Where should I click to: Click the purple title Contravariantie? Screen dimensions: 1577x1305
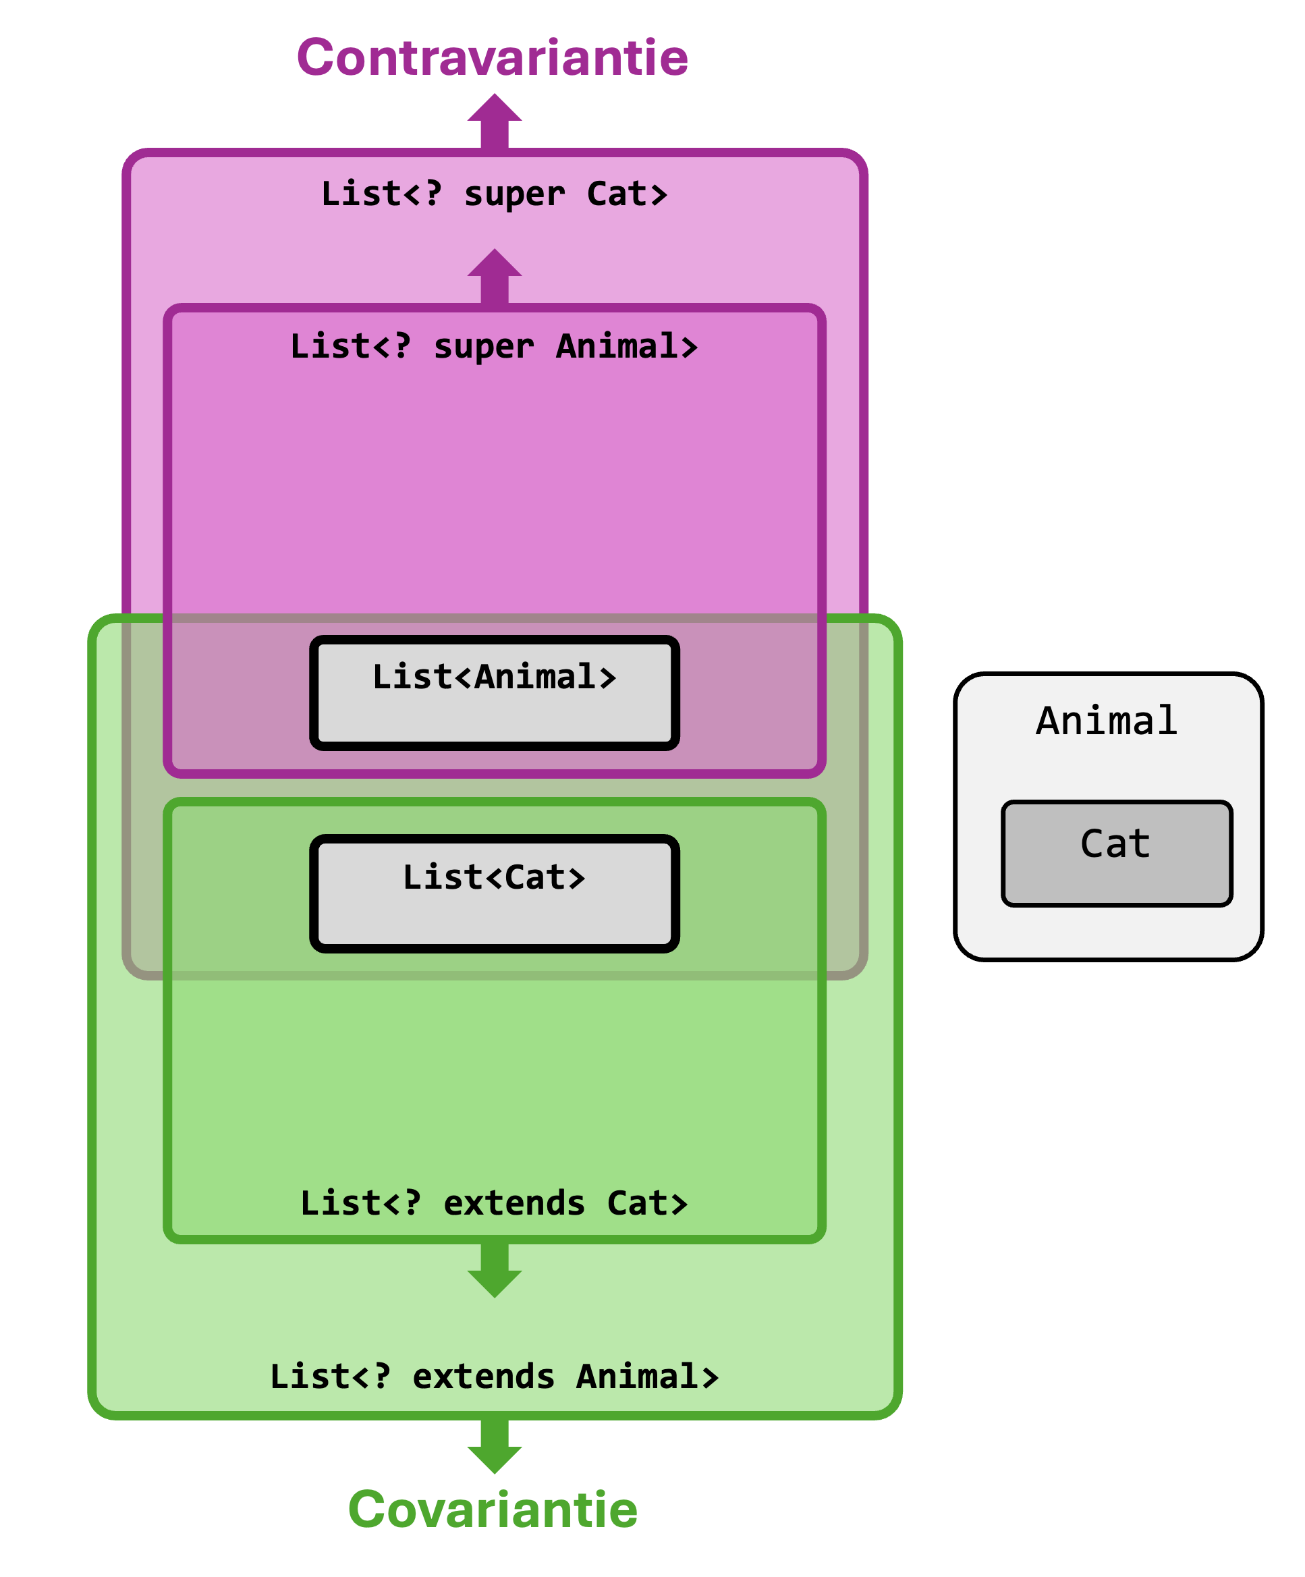pyautogui.click(x=493, y=58)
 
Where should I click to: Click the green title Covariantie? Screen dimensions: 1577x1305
pyautogui.click(x=493, y=1510)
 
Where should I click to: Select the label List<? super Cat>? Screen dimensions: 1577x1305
pyautogui.click(x=494, y=194)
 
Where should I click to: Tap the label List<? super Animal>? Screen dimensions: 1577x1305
pyautogui.click(x=494, y=347)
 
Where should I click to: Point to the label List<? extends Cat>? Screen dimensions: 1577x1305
pyautogui.click(x=494, y=1204)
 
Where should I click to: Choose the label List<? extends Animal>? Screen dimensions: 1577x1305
pyautogui.click(x=494, y=1377)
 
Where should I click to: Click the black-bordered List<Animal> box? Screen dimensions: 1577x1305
pyautogui.click(x=494, y=692)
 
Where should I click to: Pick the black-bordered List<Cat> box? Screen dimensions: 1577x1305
pyautogui.click(x=494, y=893)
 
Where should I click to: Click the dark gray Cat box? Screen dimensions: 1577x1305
pyautogui.click(x=1117, y=854)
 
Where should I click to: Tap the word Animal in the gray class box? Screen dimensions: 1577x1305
pyautogui.click(x=1107, y=721)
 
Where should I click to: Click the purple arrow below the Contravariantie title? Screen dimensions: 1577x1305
pyautogui.click(x=494, y=121)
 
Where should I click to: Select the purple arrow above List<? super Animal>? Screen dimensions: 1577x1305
pyautogui.click(x=494, y=277)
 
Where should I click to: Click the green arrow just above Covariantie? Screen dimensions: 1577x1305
pyautogui.click(x=494, y=1446)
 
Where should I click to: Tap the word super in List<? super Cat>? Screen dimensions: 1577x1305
pyautogui.click(x=514, y=195)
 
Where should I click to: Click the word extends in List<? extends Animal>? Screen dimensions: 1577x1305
pyautogui.click(x=484, y=1377)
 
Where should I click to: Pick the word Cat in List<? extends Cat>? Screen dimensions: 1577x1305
pyautogui.click(x=646, y=1204)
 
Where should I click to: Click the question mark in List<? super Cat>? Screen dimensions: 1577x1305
pyautogui.click(x=433, y=194)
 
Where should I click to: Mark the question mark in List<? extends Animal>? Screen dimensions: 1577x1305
pyautogui.click(x=382, y=1376)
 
